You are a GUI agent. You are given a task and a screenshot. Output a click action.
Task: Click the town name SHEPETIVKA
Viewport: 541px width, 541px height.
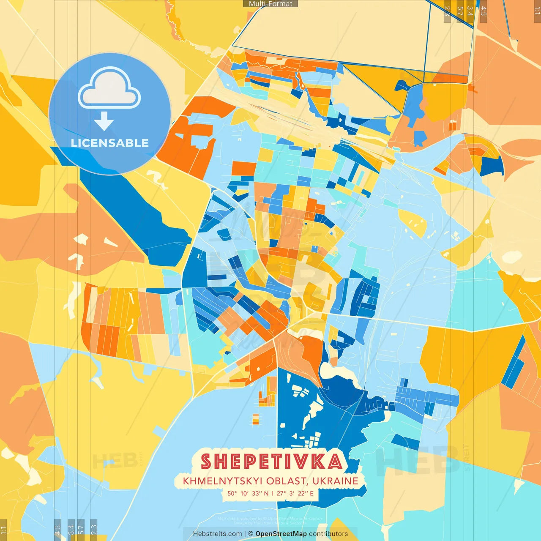(x=271, y=461)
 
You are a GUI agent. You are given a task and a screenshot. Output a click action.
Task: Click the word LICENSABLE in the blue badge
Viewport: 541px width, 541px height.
(x=110, y=143)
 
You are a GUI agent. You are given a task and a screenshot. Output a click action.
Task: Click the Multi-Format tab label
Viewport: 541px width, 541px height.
(x=270, y=4)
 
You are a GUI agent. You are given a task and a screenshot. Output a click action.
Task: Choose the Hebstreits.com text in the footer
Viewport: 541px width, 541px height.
(x=217, y=534)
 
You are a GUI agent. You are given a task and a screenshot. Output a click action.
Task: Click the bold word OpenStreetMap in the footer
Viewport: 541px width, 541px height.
(x=281, y=534)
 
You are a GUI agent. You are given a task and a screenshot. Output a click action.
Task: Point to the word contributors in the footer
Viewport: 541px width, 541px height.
(x=328, y=534)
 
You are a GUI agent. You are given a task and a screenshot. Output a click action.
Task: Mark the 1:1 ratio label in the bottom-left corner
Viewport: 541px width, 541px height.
(x=3, y=530)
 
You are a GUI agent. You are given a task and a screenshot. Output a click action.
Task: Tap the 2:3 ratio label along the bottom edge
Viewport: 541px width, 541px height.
(x=94, y=530)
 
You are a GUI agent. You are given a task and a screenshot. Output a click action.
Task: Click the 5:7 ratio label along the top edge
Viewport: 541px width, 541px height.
(x=460, y=11)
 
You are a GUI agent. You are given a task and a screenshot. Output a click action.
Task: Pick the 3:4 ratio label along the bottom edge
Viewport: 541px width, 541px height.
(x=71, y=530)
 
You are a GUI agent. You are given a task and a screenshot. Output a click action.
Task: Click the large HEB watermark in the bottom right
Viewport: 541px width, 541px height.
(x=416, y=460)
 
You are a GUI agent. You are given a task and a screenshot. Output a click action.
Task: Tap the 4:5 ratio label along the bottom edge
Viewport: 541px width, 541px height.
(x=57, y=530)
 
